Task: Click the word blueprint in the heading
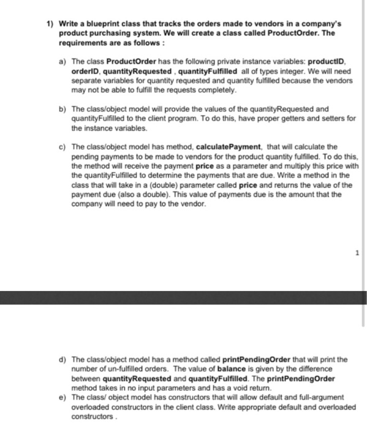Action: [x=104, y=24]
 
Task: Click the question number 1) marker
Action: [x=52, y=24]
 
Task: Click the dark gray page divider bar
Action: [x=183, y=298]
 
